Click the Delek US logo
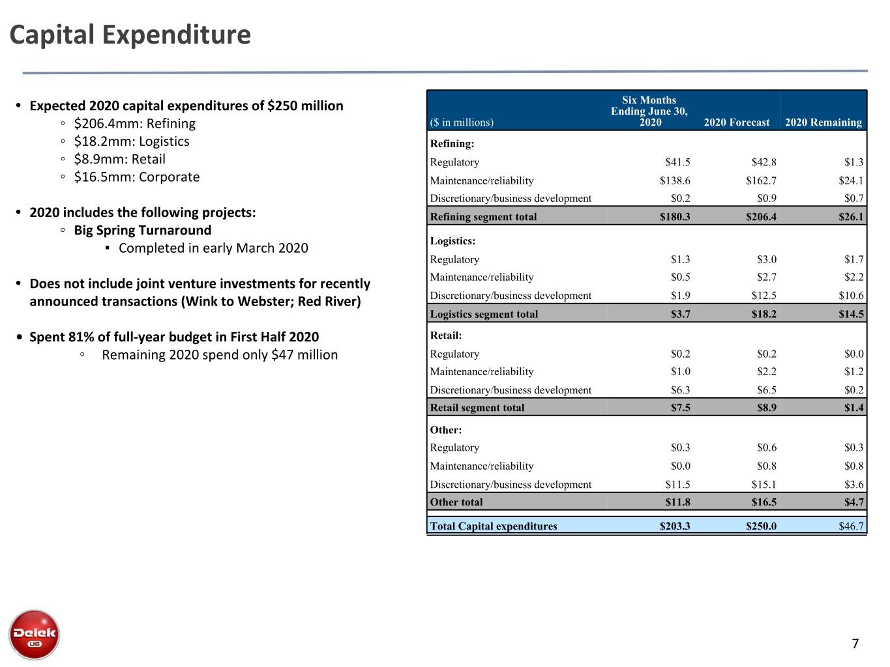[x=34, y=634]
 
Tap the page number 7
[x=855, y=644]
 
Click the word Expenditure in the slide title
[x=177, y=35]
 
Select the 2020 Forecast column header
[x=736, y=122]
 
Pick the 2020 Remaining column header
[x=823, y=122]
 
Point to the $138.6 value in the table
[x=675, y=180]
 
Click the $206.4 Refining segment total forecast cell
[x=761, y=217]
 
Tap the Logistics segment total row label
[x=484, y=314]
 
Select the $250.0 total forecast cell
[x=761, y=526]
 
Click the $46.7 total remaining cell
[x=851, y=526]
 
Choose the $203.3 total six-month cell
[x=675, y=526]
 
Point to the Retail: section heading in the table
[x=445, y=335]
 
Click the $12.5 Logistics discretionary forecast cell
[x=764, y=296]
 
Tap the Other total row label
[x=456, y=502]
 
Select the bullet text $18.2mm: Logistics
[x=131, y=141]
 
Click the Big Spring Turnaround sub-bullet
[x=142, y=231]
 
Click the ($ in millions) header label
[x=462, y=122]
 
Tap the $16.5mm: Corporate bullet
[x=137, y=177]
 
